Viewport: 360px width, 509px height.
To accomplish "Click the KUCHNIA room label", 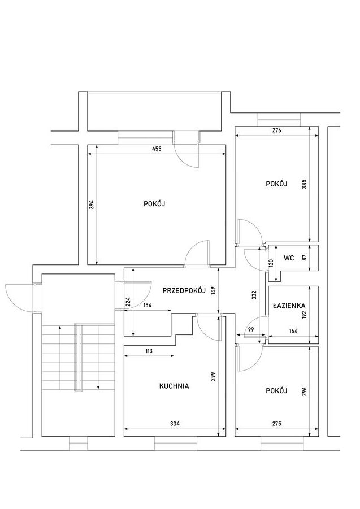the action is pyautogui.click(x=174, y=386).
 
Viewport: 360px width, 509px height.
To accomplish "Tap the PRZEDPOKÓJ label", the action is pyautogui.click(x=184, y=290).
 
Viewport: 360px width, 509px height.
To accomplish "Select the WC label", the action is pyautogui.click(x=289, y=258).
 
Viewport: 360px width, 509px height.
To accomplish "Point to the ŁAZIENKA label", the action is pyautogui.click(x=289, y=306).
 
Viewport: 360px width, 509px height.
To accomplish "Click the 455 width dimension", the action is pyautogui.click(x=157, y=149).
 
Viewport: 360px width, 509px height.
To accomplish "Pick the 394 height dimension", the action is pyautogui.click(x=92, y=204).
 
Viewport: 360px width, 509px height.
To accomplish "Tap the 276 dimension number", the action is pyautogui.click(x=276, y=130).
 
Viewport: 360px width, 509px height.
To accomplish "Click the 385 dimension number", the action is pyautogui.click(x=304, y=184).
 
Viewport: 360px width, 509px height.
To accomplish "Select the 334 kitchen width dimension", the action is pyautogui.click(x=175, y=424).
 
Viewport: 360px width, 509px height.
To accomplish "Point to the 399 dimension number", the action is pyautogui.click(x=213, y=376).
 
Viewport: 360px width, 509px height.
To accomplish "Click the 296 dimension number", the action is pyautogui.click(x=304, y=391).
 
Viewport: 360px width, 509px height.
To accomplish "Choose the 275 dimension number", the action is pyautogui.click(x=276, y=424).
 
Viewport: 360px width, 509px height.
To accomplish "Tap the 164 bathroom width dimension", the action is pyautogui.click(x=293, y=331).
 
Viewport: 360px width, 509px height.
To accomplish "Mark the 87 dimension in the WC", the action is pyautogui.click(x=304, y=258).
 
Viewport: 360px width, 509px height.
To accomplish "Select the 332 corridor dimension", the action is pyautogui.click(x=254, y=295).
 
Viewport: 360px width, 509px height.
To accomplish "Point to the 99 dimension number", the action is pyautogui.click(x=251, y=329).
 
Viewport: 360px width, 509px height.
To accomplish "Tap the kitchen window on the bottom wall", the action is pyautogui.click(x=176, y=443).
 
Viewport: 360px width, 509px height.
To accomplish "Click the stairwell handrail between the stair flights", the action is pyautogui.click(x=79, y=357).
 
